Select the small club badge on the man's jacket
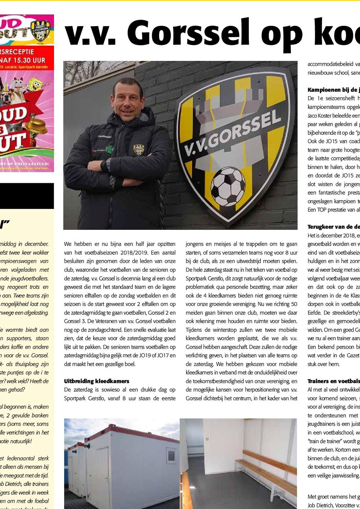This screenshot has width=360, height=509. (139, 149)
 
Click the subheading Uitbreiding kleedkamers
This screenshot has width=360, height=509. (96, 381)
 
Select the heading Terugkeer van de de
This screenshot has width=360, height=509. (333, 227)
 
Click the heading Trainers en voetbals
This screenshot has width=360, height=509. (333, 381)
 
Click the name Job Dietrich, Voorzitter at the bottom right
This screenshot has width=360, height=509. (333, 505)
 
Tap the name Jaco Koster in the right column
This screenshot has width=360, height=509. (321, 115)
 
